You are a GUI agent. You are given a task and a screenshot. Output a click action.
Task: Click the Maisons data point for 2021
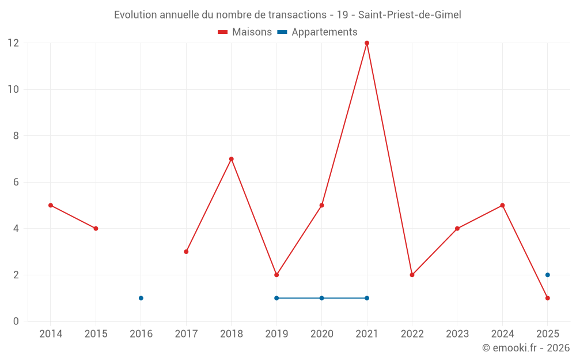click(x=367, y=43)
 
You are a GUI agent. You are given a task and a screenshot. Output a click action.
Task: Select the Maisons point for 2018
click(x=232, y=159)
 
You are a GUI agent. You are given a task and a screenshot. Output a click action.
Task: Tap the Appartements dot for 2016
click(x=141, y=298)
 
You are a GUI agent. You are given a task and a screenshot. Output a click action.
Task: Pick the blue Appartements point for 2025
click(x=548, y=275)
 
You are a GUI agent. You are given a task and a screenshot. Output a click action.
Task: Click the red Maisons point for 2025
click(x=548, y=298)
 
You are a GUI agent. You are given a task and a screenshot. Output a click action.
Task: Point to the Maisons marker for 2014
click(x=51, y=205)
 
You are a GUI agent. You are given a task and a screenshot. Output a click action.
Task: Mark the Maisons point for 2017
click(x=186, y=252)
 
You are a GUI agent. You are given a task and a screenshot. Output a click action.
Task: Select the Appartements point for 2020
click(x=321, y=298)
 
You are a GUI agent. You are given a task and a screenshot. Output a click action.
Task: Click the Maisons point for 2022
click(x=412, y=275)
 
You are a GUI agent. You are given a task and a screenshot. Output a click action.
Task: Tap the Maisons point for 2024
click(x=502, y=205)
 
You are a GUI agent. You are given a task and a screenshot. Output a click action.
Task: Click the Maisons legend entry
click(x=245, y=32)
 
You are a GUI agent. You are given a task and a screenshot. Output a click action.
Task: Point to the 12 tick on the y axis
click(x=13, y=43)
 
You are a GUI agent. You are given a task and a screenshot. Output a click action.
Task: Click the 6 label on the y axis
click(x=16, y=182)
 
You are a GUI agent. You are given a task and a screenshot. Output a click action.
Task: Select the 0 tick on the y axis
click(x=16, y=321)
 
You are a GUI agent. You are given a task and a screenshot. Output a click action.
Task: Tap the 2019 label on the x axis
click(x=276, y=334)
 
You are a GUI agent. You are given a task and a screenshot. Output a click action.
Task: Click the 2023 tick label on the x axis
click(x=457, y=334)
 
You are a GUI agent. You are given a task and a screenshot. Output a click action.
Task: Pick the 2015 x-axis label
click(x=96, y=334)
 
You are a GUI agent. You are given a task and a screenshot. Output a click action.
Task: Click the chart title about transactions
click(x=287, y=15)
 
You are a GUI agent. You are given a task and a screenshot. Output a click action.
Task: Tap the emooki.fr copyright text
click(x=525, y=348)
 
